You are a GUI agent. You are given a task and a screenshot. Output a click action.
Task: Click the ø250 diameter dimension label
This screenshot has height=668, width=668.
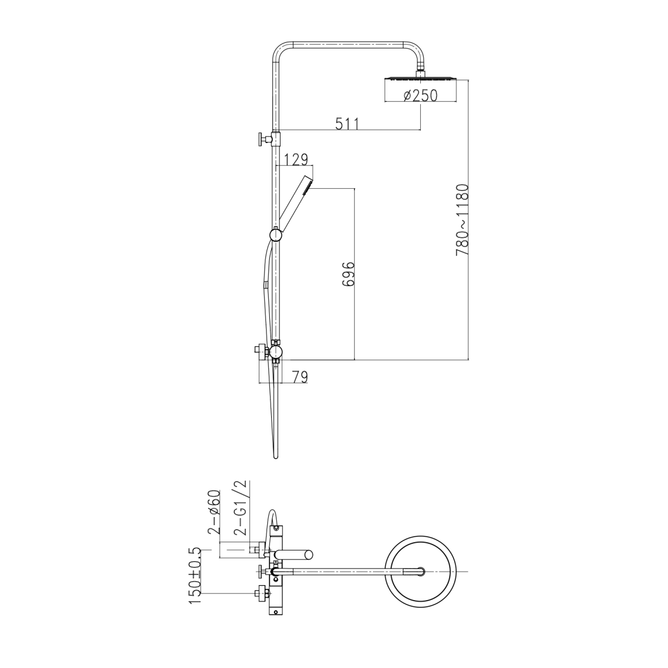tap(420, 95)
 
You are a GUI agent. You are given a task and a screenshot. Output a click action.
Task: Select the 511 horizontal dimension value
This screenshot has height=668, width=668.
tap(347, 124)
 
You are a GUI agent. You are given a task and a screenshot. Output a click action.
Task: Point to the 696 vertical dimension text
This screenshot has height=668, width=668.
tap(348, 274)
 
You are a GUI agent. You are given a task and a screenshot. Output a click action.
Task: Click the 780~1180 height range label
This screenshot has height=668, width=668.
tap(462, 220)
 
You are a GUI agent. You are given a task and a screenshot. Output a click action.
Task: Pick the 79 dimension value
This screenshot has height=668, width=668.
tap(299, 377)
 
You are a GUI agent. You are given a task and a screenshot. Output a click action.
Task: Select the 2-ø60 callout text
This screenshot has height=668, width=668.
tap(214, 517)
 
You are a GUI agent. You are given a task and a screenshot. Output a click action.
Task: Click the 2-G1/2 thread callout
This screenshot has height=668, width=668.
tap(240, 512)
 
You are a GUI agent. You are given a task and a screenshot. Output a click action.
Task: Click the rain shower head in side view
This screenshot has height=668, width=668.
tap(420, 78)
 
